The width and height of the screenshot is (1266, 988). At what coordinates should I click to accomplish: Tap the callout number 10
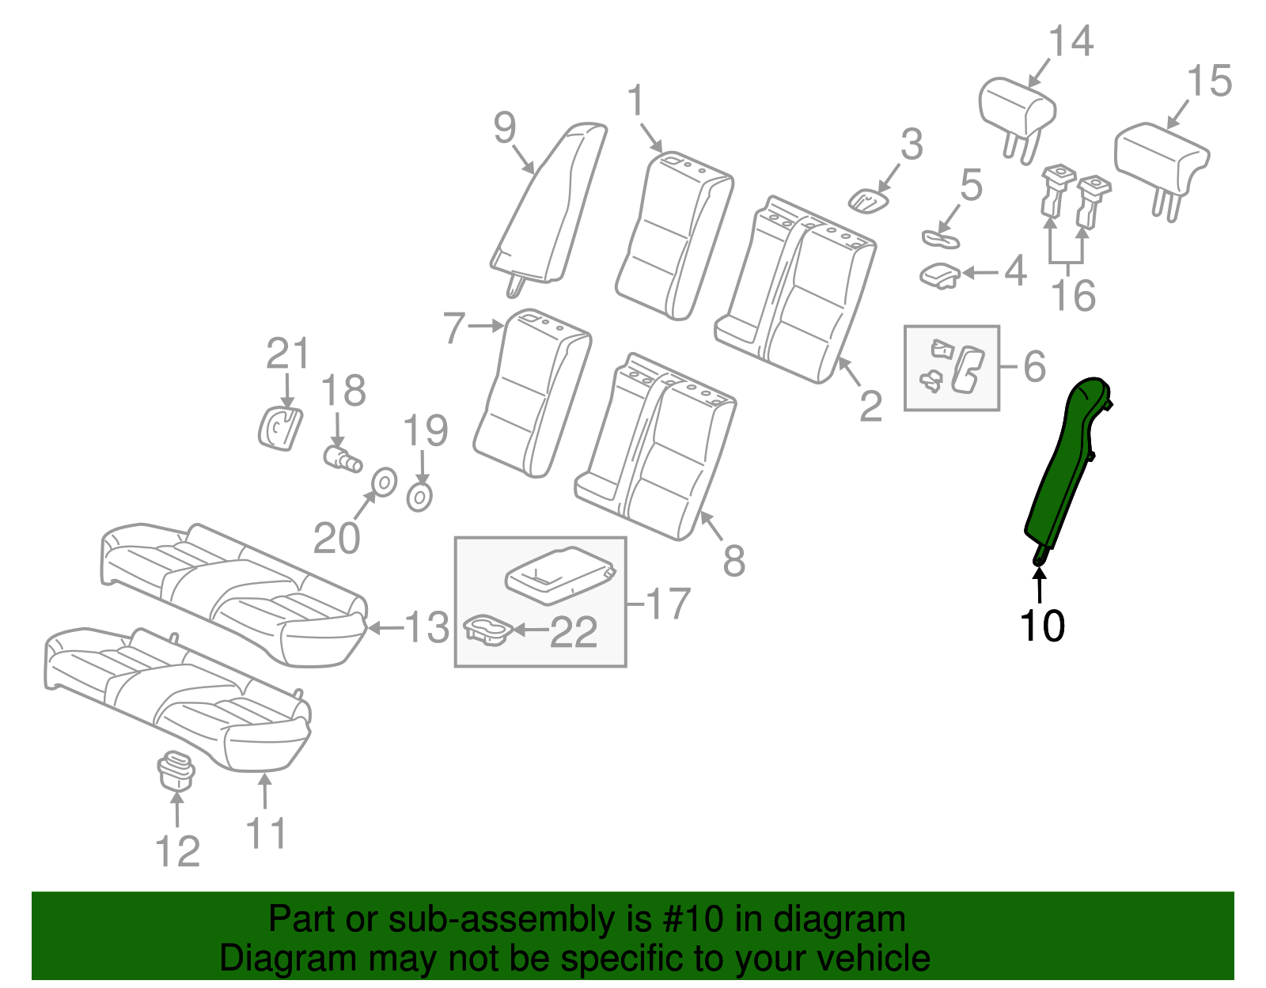[x=1042, y=626]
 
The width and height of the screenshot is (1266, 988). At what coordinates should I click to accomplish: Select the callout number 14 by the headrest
[x=1071, y=41]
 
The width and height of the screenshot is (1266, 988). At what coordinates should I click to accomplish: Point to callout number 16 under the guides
[x=1073, y=295]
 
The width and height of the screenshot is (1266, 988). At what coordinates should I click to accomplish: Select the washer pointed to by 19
[x=419, y=498]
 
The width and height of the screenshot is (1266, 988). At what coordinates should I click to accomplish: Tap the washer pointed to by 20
[x=384, y=481]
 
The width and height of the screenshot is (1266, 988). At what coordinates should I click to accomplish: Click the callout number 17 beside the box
[x=668, y=604]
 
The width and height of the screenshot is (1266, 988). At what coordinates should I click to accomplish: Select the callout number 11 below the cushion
[x=266, y=833]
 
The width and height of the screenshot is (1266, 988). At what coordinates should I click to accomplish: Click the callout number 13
[x=426, y=627]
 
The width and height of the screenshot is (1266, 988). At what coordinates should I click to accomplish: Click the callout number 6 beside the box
[x=1034, y=366]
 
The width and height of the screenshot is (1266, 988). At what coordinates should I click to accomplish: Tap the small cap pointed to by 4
[x=940, y=275]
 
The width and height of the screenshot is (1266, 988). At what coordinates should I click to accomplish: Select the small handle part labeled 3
[x=868, y=200]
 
